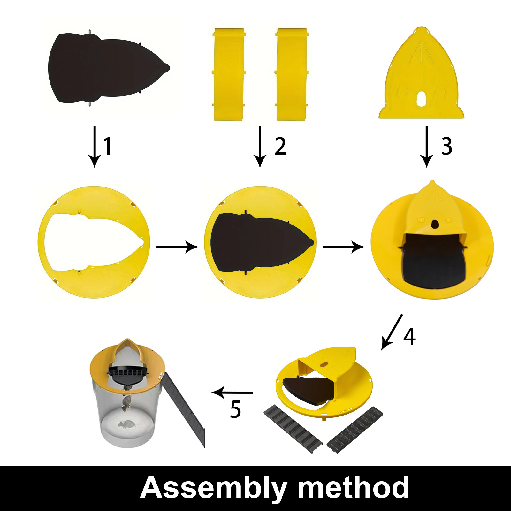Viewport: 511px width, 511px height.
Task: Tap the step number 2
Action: tap(280, 146)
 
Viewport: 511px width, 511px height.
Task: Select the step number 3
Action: tap(447, 146)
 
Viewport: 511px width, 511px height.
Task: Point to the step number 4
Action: tap(409, 336)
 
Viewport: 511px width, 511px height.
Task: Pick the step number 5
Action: tap(235, 409)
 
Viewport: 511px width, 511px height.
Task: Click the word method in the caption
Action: tap(354, 487)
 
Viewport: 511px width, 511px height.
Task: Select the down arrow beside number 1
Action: tap(95, 147)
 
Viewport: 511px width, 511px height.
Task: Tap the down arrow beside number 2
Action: tap(260, 147)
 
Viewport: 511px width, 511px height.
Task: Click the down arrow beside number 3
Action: tap(427, 147)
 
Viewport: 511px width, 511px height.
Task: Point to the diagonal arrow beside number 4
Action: tap(392, 332)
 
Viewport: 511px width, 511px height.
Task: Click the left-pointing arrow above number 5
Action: tap(232, 393)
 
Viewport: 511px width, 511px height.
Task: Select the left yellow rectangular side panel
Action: tap(229, 74)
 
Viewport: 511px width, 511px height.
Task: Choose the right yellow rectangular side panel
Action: tap(292, 74)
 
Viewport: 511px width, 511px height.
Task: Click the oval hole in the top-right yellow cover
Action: tap(421, 99)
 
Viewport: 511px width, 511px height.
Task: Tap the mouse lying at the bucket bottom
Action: tap(127, 424)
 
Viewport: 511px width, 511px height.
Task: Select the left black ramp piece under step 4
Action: tap(293, 429)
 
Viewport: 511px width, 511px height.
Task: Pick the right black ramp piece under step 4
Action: tap(355, 430)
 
